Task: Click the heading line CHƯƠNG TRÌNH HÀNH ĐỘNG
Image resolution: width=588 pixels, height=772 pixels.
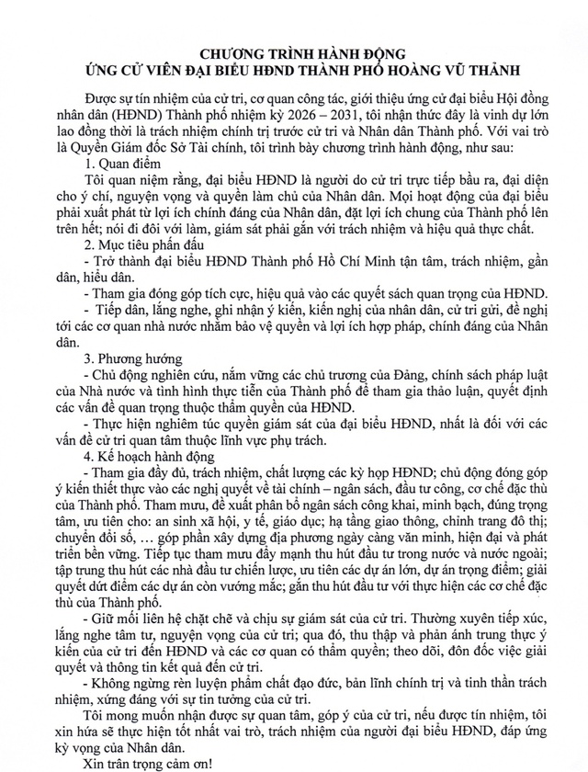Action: tap(293, 54)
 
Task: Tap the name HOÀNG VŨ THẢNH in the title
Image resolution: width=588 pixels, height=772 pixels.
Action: tap(454, 71)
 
